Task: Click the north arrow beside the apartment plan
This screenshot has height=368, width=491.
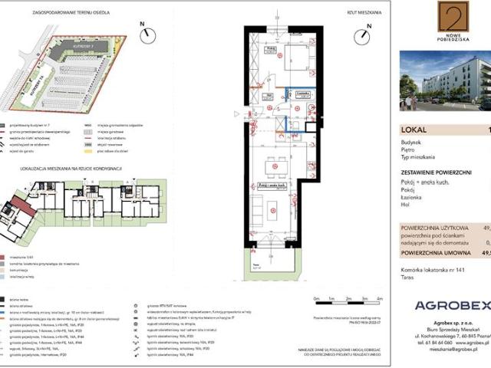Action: click(368, 30)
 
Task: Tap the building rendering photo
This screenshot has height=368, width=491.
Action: click(445, 80)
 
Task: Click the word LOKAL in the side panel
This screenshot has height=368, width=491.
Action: click(414, 130)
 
